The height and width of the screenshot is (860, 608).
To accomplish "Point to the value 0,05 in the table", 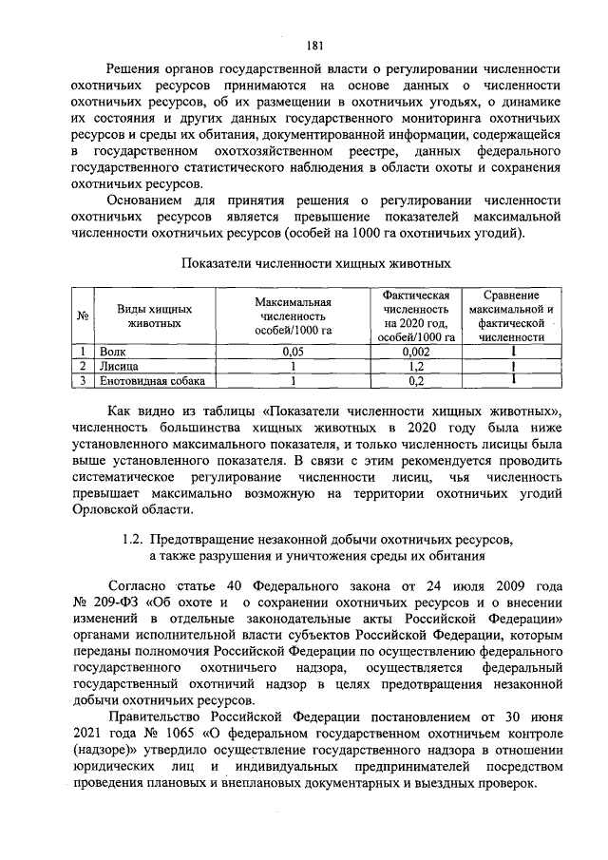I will coord(293,351).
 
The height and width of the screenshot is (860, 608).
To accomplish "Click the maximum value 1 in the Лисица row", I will coord(293,366).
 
